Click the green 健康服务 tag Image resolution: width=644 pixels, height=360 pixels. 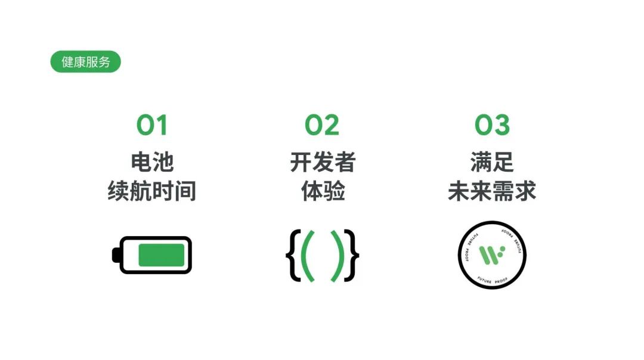point(85,62)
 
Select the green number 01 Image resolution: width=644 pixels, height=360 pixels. point(152,125)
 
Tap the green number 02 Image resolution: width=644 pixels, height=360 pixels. point(322,125)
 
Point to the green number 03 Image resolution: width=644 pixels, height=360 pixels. point(493,125)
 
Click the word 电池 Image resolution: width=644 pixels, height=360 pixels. point(152,162)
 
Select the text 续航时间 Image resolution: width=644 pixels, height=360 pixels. point(152,191)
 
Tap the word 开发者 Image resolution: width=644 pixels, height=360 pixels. point(323,162)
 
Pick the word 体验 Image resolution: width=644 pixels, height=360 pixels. point(323,191)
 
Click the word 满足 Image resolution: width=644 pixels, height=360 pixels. point(492,162)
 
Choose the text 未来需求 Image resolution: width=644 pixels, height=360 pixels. point(492,191)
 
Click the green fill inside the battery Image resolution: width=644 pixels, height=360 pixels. point(161,255)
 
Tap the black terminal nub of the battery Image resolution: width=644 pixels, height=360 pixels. point(115,255)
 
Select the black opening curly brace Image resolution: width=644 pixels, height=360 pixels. point(292,255)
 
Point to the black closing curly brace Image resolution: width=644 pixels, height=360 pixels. point(354,255)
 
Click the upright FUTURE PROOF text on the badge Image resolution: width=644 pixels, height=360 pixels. point(492,278)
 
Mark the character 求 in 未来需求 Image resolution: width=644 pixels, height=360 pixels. point(525,191)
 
